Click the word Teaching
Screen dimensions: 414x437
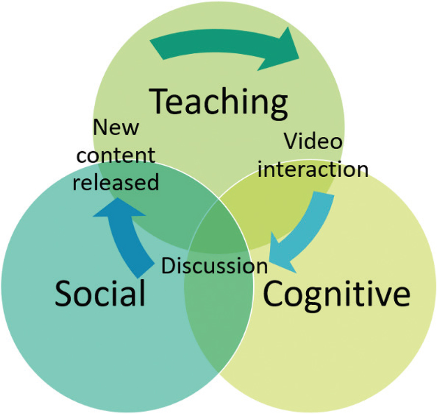click(x=219, y=102)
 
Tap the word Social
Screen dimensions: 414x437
click(x=100, y=294)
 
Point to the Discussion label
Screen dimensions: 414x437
click(x=215, y=266)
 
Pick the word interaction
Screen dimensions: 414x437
click(x=314, y=169)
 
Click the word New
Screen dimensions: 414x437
click(x=116, y=129)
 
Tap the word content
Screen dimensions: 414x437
click(x=117, y=156)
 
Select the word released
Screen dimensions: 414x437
click(x=119, y=183)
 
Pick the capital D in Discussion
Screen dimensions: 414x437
click(x=168, y=266)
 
